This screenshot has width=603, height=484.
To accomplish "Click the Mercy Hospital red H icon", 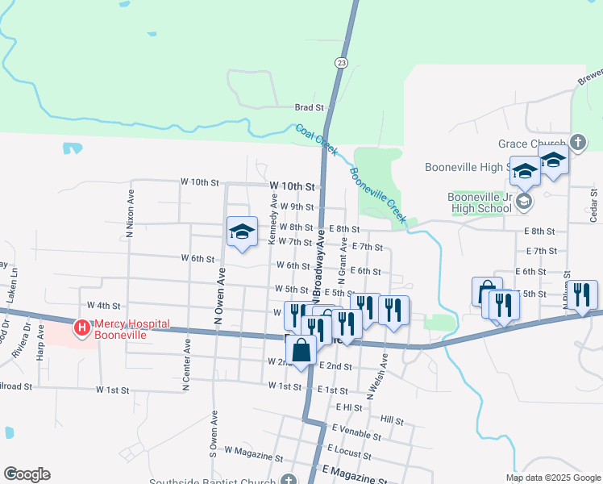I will (x=81, y=328).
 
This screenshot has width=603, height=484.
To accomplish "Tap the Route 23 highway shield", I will (x=342, y=63).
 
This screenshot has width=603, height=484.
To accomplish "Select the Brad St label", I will (x=309, y=106).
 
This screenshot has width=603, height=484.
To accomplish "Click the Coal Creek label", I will (x=316, y=140).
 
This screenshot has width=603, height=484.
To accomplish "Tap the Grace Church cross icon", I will (x=577, y=143).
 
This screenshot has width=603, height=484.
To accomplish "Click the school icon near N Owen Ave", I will (x=242, y=233).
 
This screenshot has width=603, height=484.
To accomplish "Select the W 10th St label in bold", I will (x=292, y=186).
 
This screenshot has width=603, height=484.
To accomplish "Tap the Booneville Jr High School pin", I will (x=524, y=201).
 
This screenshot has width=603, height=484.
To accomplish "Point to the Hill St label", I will (x=393, y=421).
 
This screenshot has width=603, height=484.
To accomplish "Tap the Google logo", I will (x=27, y=474).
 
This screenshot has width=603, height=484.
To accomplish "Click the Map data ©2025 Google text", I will (x=554, y=478).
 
